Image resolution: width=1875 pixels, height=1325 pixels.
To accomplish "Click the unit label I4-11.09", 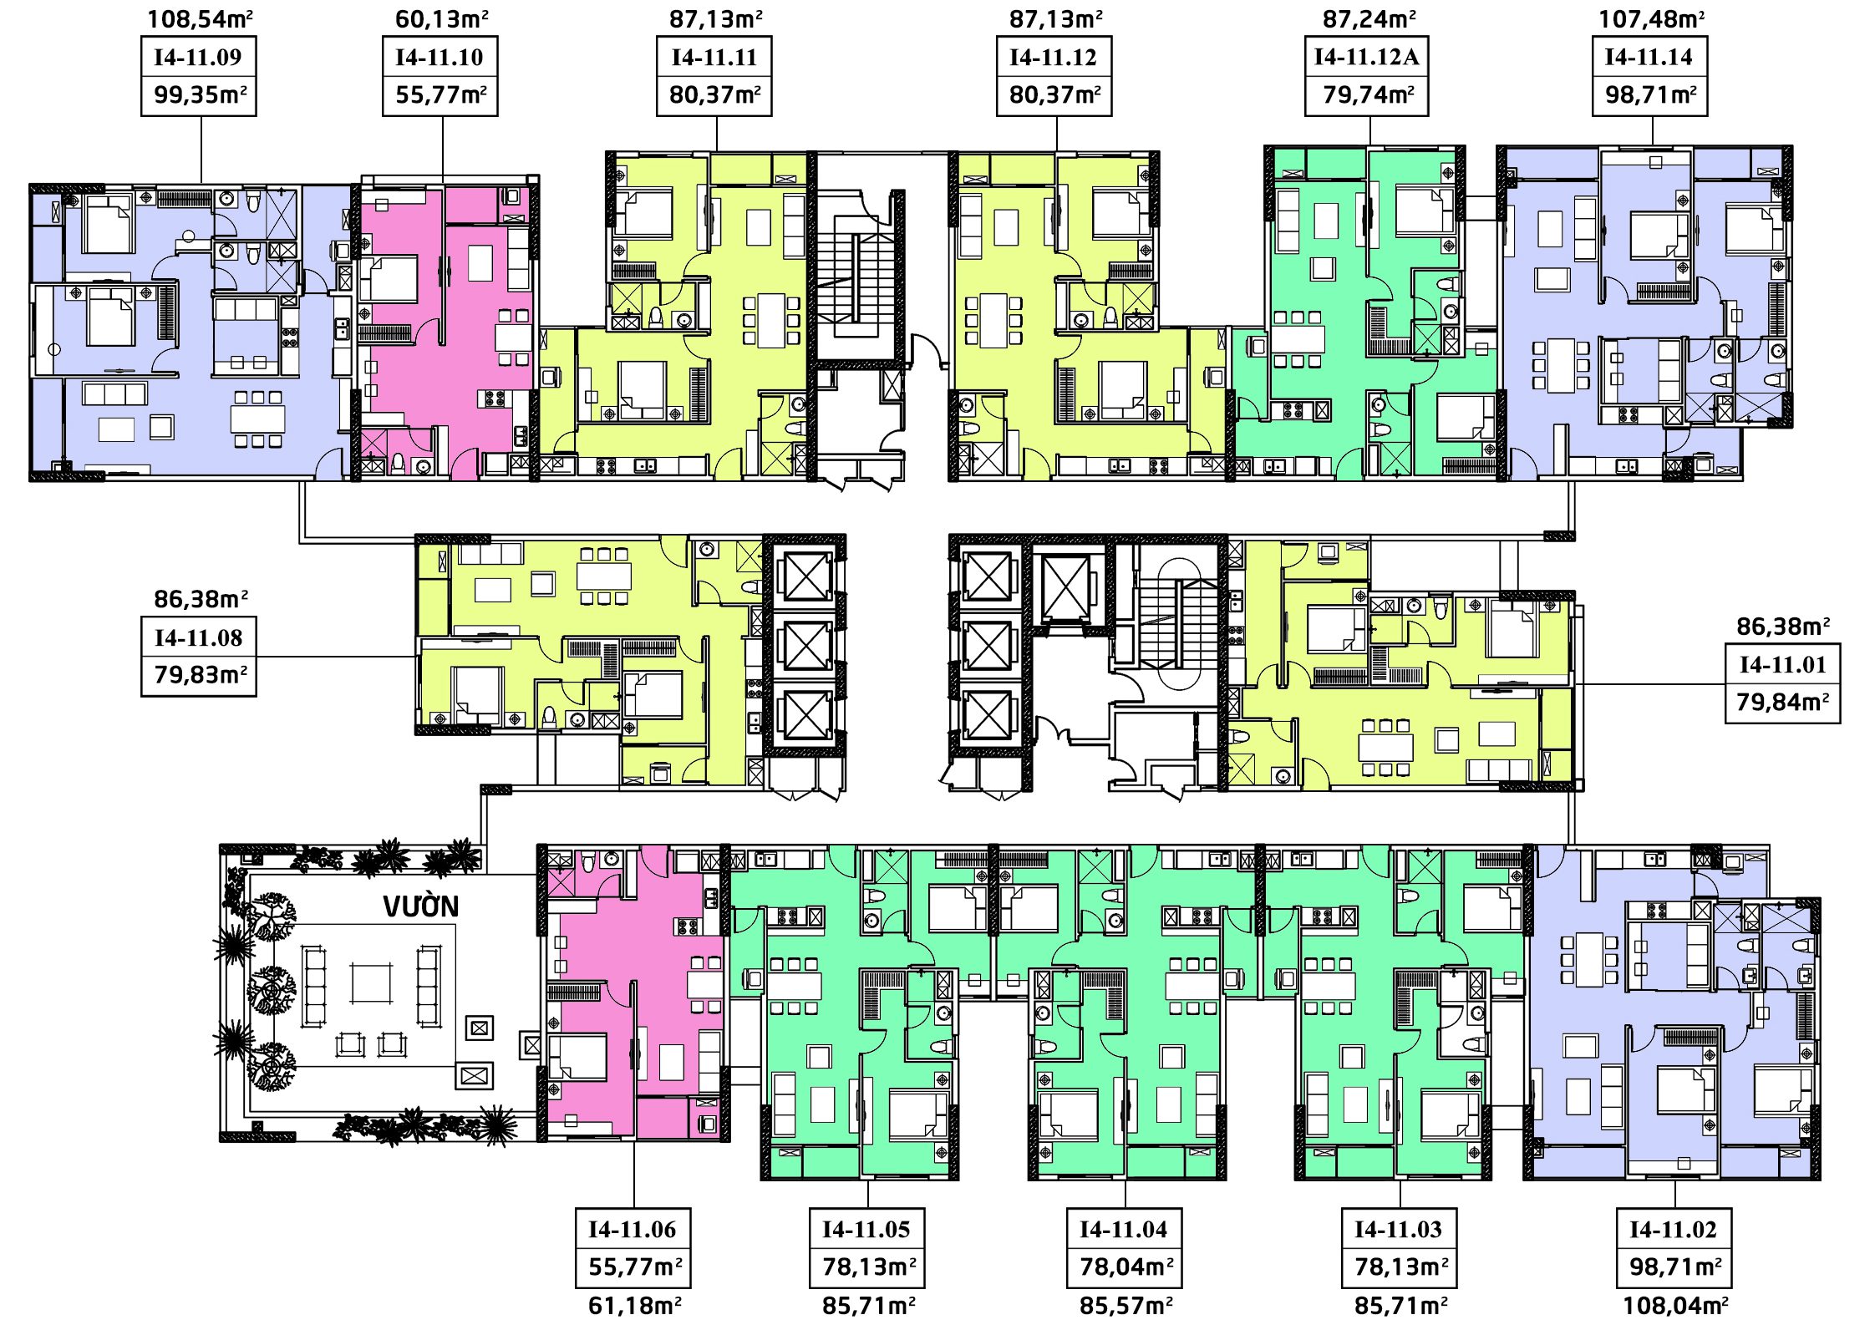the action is [x=198, y=58].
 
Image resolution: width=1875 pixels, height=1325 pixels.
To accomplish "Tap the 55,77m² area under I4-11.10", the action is [x=440, y=94].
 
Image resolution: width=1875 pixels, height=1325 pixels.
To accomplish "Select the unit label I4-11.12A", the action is [x=1366, y=57].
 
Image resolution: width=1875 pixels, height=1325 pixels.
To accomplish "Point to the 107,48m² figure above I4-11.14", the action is [x=1651, y=19].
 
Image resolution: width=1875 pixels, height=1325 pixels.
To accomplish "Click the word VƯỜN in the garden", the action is [x=421, y=906].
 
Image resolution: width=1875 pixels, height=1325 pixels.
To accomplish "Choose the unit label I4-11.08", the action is [x=198, y=638].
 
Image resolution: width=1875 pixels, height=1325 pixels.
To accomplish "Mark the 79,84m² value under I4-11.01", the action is [x=1782, y=702].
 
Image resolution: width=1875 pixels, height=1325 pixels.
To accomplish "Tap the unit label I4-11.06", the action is [x=632, y=1230].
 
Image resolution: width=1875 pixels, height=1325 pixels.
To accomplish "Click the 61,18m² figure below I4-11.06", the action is [x=634, y=1305].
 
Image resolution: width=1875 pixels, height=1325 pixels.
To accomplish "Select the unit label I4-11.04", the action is [x=1123, y=1230].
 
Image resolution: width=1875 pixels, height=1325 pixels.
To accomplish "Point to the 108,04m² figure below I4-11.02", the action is [x=1674, y=1305].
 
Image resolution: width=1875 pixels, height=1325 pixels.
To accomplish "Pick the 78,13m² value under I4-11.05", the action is [x=868, y=1267].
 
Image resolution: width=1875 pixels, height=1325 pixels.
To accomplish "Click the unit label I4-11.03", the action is [x=1398, y=1230].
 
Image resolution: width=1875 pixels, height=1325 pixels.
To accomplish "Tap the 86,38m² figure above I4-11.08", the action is [x=201, y=599].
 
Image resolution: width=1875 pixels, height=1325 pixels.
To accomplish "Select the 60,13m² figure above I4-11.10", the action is [x=441, y=19].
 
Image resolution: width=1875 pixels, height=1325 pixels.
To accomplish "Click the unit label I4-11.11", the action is [x=714, y=58].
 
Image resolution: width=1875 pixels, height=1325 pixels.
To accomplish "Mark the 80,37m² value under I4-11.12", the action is [x=1054, y=94].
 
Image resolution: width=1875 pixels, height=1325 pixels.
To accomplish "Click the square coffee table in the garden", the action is [x=372, y=983].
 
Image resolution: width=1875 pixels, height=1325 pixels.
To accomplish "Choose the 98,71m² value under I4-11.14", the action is [x=1650, y=94].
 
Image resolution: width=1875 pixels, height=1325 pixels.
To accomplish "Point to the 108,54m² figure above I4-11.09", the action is [x=201, y=19].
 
